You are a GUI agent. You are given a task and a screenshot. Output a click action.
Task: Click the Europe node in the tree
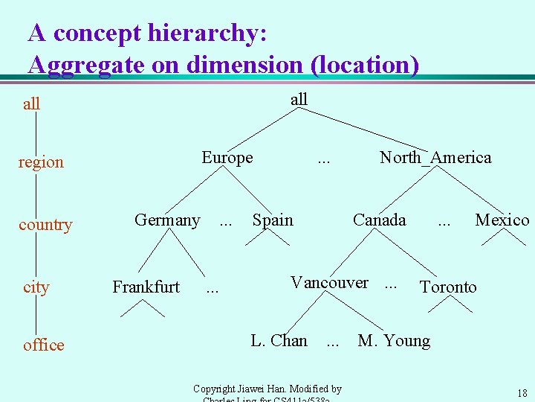coord(227,158)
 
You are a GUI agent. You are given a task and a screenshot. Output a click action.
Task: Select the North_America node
coord(435,158)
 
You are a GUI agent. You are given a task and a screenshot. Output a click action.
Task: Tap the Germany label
coord(167,220)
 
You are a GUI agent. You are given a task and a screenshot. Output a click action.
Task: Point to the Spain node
coord(273,220)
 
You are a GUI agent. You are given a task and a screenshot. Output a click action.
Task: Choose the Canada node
coord(379,220)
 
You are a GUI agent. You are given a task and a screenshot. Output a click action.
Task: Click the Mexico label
coord(502,220)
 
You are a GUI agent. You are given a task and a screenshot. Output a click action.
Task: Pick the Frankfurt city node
coord(146,287)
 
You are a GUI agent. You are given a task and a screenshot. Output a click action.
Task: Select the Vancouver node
coord(329,283)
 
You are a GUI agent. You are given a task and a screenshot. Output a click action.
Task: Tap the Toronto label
coord(448,287)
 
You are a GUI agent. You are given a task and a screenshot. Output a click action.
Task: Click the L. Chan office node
coord(279,341)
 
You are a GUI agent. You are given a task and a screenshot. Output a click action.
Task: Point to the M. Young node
coord(394,341)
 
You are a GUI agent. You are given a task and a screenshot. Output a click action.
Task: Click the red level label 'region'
coord(41,162)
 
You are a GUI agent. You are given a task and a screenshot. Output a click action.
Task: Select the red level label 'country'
coord(45,225)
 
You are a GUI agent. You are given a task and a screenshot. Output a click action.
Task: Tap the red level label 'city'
coord(36,287)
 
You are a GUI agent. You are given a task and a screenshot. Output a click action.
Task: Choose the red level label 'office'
coord(43,345)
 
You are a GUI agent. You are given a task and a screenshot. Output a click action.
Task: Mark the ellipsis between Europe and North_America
coord(324,159)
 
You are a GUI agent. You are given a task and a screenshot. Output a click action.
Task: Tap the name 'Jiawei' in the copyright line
coord(261,389)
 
